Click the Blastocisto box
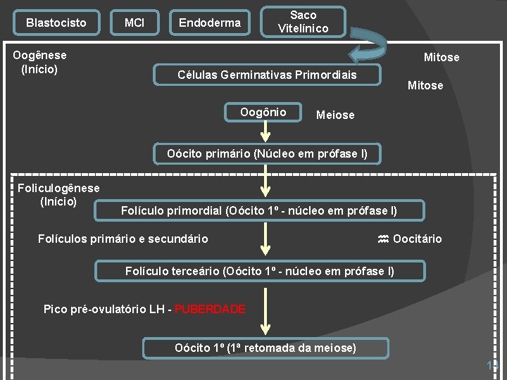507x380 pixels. (56, 23)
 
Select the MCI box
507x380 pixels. (134, 23)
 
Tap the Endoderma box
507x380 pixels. (210, 23)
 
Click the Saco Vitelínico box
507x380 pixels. (303, 22)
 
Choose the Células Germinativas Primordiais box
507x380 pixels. (268, 75)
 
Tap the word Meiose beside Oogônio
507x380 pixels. (336, 115)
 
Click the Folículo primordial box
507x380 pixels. (259, 210)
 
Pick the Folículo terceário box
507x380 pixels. (260, 271)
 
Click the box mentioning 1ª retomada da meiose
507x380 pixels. (265, 348)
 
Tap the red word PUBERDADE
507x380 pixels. (210, 310)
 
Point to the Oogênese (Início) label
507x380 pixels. (40, 62)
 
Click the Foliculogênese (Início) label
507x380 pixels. (58, 195)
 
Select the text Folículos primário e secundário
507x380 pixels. (123, 239)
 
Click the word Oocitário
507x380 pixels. (418, 239)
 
